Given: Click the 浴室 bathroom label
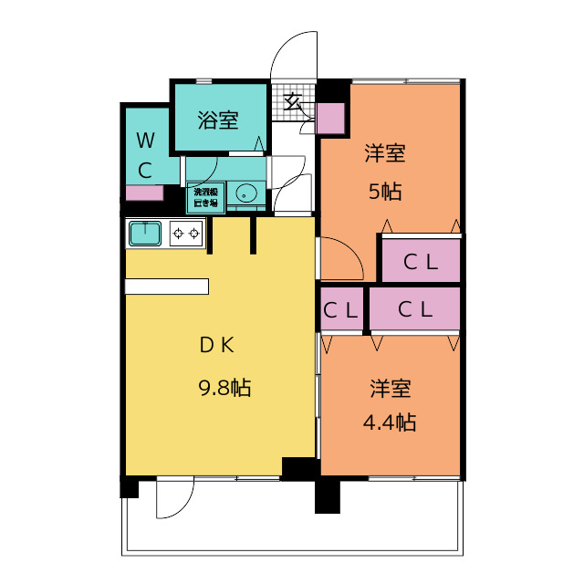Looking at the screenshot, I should coord(218,120).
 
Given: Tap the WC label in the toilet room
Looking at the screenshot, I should coord(145,154).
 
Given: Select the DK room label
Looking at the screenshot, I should coord(218,345).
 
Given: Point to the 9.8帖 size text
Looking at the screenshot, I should coord(224,388).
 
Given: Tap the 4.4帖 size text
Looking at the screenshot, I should coord(390,422).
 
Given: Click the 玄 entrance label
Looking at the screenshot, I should coord(293,101).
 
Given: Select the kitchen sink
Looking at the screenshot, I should coord(145,234).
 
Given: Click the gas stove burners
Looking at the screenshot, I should coord(186,234).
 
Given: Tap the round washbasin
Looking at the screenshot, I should coord(245,193).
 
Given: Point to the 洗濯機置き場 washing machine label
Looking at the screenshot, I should coord(203,197).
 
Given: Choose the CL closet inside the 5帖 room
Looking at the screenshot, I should coord(421,262).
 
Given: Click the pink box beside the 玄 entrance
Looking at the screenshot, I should coord(330,119).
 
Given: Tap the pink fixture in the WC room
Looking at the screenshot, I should coord(144,193).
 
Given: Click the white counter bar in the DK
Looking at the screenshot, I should coord(167,287).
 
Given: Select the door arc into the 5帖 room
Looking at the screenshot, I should coord(343,258).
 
